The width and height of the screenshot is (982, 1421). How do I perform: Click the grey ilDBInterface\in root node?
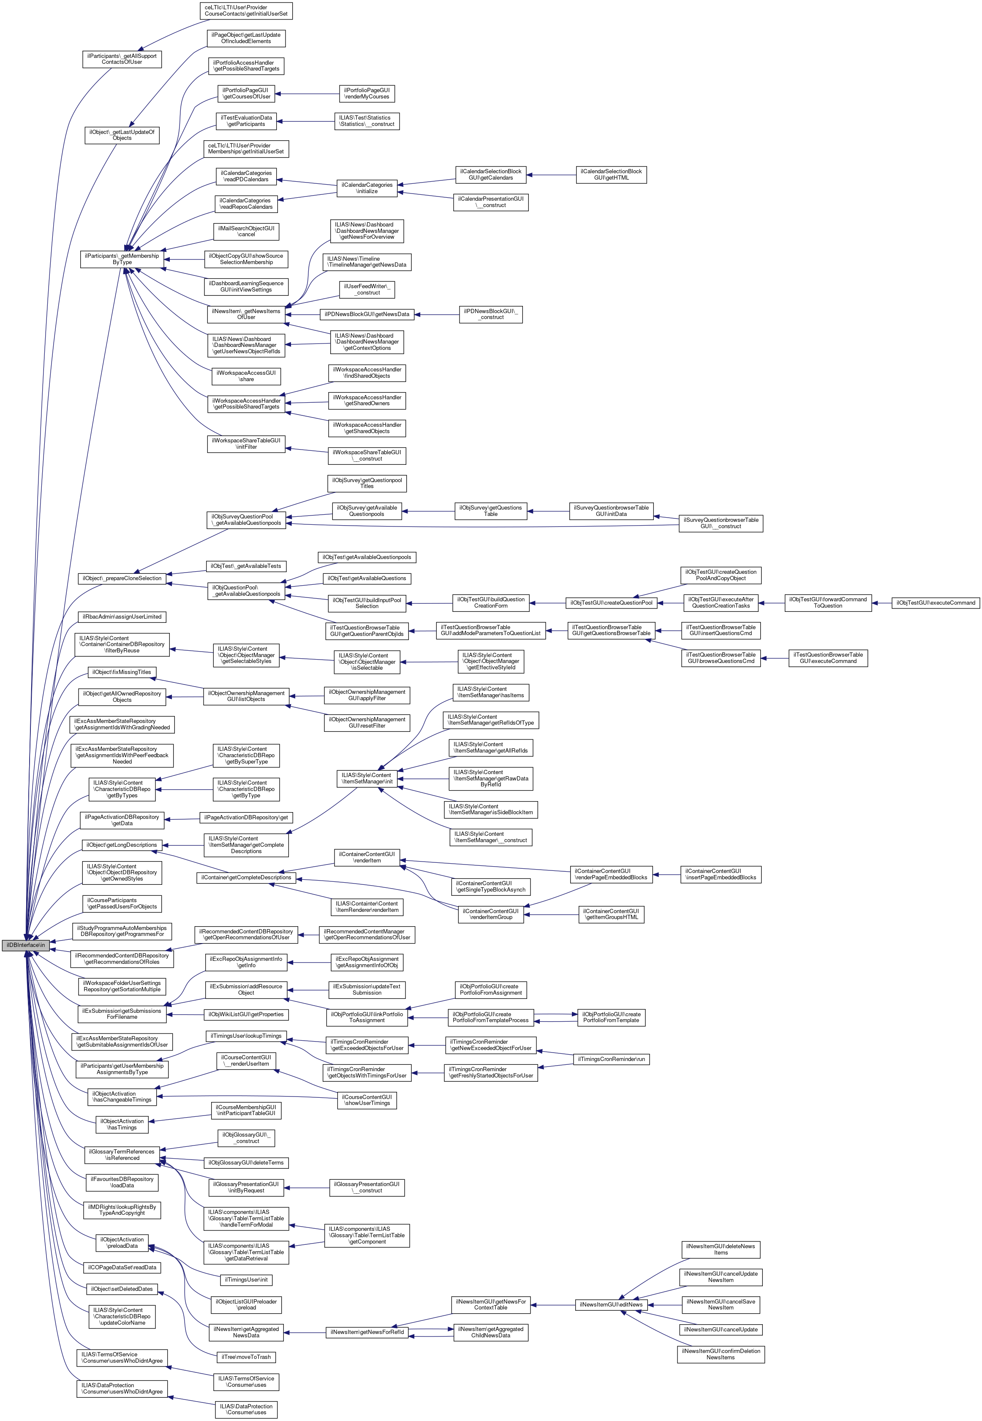click(x=25, y=945)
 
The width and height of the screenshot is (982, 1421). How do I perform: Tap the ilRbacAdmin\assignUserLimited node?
click(x=122, y=616)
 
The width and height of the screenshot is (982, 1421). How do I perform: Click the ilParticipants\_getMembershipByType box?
click(x=122, y=259)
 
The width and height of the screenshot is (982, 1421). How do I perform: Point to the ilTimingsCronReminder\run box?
click(x=611, y=1059)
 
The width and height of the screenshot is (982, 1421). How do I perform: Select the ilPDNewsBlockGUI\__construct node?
click(x=490, y=314)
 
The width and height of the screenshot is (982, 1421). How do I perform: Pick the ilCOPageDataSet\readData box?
click(x=122, y=1268)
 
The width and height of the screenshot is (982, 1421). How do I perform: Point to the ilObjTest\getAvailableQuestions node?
click(x=367, y=578)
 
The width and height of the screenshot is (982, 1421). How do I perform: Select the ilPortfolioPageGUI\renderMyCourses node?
click(x=367, y=93)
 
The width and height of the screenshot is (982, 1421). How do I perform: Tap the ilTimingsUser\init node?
click(x=246, y=1280)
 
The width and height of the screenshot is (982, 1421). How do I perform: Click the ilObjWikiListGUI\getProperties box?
click(x=246, y=1014)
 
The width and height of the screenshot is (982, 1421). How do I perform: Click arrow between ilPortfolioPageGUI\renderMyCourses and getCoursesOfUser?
click(x=307, y=93)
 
